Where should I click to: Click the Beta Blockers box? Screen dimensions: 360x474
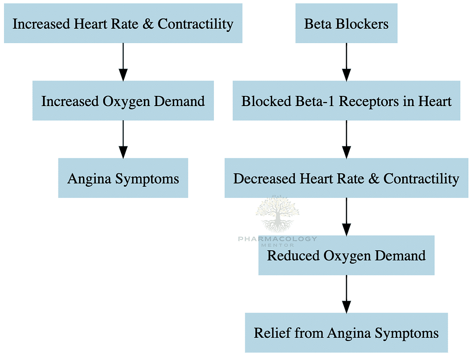pyautogui.click(x=346, y=24)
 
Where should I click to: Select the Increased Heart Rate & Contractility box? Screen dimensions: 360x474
pyautogui.click(x=123, y=24)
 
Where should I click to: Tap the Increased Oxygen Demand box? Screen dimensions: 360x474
pyautogui.click(x=123, y=101)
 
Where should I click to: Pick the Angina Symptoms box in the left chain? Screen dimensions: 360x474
pyautogui.click(x=123, y=178)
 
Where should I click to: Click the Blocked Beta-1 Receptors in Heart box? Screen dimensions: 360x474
pyautogui.click(x=346, y=101)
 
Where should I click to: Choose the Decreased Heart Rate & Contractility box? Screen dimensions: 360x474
pyautogui.click(x=346, y=178)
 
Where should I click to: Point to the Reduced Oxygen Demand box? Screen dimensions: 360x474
pyautogui.click(x=346, y=255)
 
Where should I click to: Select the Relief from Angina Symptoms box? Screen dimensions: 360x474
pyautogui.click(x=346, y=333)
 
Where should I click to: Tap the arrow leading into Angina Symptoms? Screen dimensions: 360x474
pyautogui.click(x=123, y=139)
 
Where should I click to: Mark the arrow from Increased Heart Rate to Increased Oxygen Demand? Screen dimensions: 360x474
pyautogui.click(x=123, y=62)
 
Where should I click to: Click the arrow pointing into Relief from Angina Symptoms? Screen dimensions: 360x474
pyautogui.click(x=346, y=294)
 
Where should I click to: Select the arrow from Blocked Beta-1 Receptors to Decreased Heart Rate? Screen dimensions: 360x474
pyautogui.click(x=346, y=139)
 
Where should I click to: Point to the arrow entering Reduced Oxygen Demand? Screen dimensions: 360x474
pyautogui.click(x=346, y=216)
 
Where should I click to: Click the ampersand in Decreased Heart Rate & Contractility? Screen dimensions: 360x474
pyautogui.click(x=374, y=178)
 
